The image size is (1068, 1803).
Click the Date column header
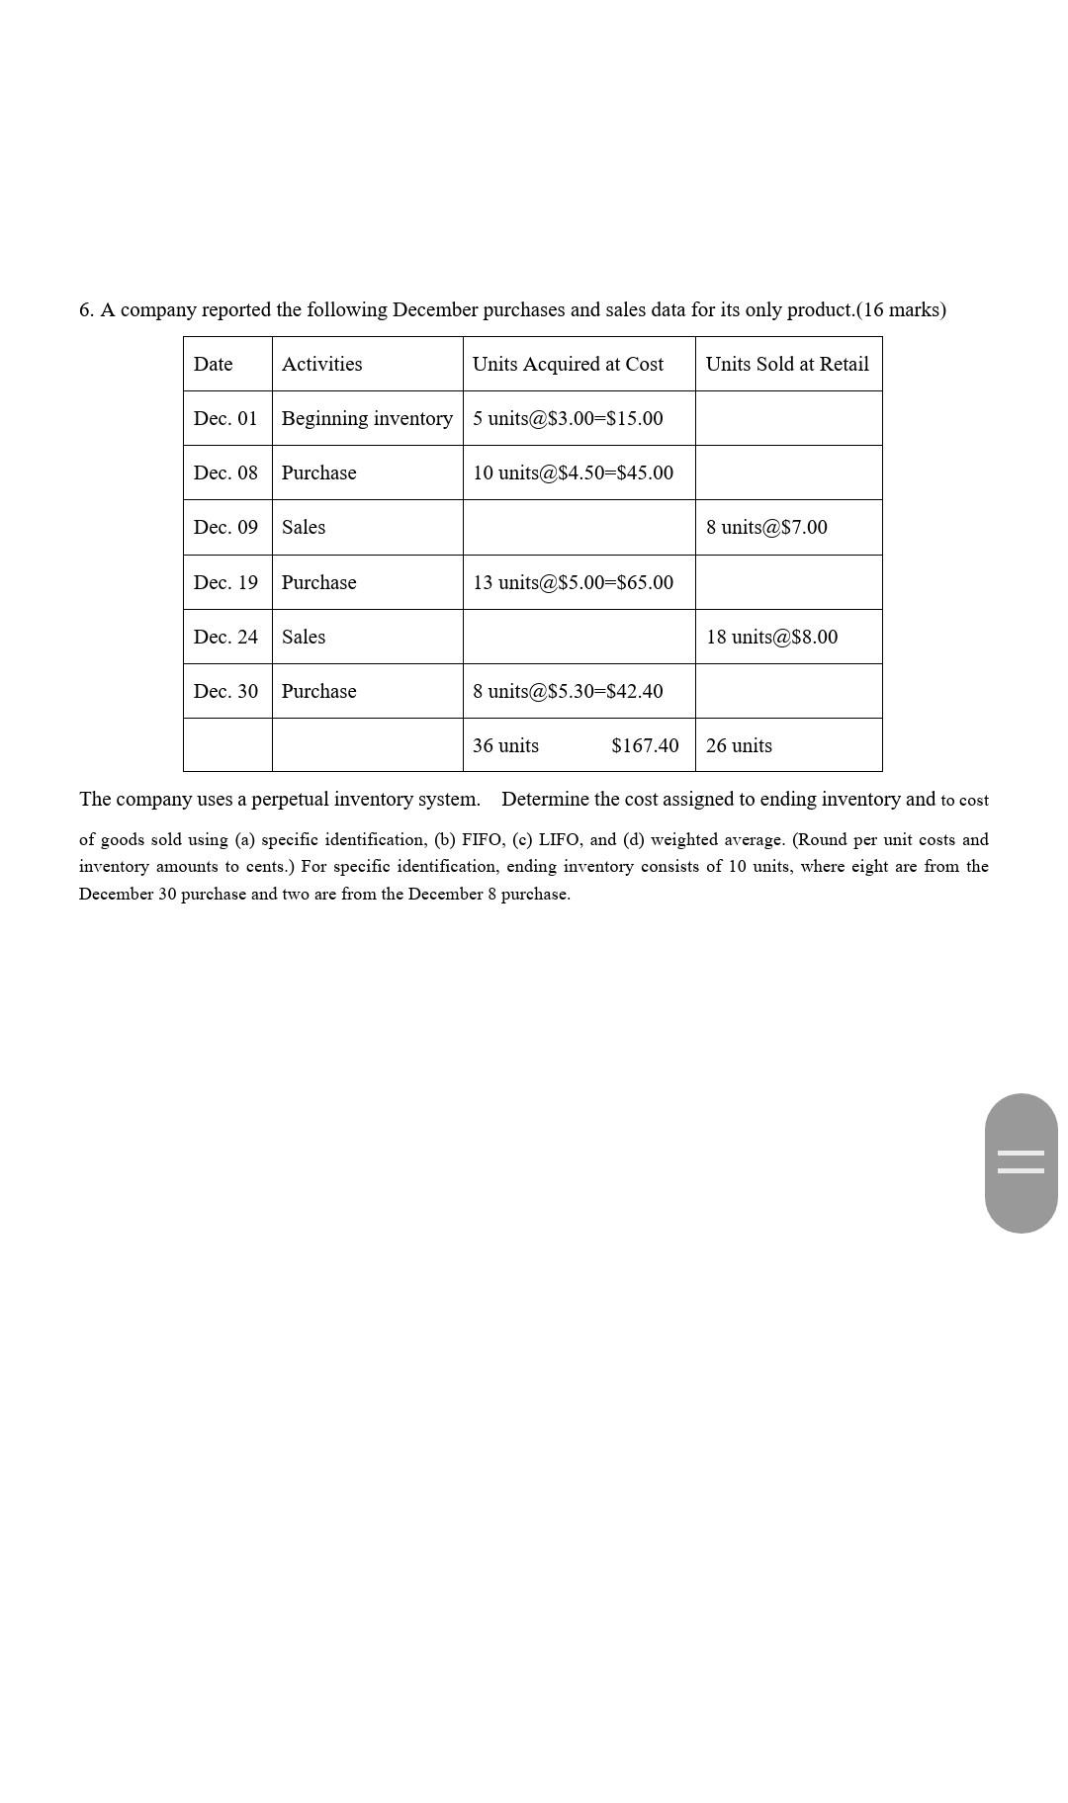213,364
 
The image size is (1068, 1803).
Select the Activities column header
321,364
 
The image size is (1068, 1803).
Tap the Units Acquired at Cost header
568,364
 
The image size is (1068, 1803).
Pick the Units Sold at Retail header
787,364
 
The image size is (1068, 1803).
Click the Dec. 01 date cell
225,418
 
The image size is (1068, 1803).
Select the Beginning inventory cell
367,418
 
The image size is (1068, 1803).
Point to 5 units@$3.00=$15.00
568,418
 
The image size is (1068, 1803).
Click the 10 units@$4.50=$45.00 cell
573,472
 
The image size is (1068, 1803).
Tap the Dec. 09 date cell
225,527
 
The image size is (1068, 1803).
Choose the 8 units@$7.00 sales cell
766,527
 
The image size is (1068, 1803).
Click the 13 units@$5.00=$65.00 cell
573,582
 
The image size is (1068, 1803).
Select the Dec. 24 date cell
225,637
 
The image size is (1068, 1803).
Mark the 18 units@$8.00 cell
771,637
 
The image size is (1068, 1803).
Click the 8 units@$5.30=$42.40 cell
568,691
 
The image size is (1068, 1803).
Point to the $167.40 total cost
645,745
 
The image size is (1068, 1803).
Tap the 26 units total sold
739,745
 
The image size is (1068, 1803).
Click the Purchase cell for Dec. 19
318,582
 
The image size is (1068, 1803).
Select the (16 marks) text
901,309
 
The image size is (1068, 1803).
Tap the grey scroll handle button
1021,1162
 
